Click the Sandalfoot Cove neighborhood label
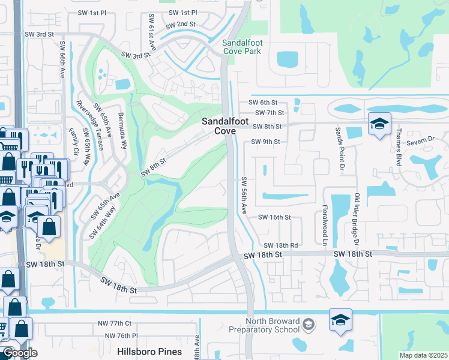tap(218, 125)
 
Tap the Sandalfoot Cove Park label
tap(243, 47)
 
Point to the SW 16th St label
tap(274, 218)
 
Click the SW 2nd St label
tap(181, 25)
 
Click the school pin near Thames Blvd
tap(379, 124)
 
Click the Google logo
tap(19, 353)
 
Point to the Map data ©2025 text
tap(423, 355)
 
